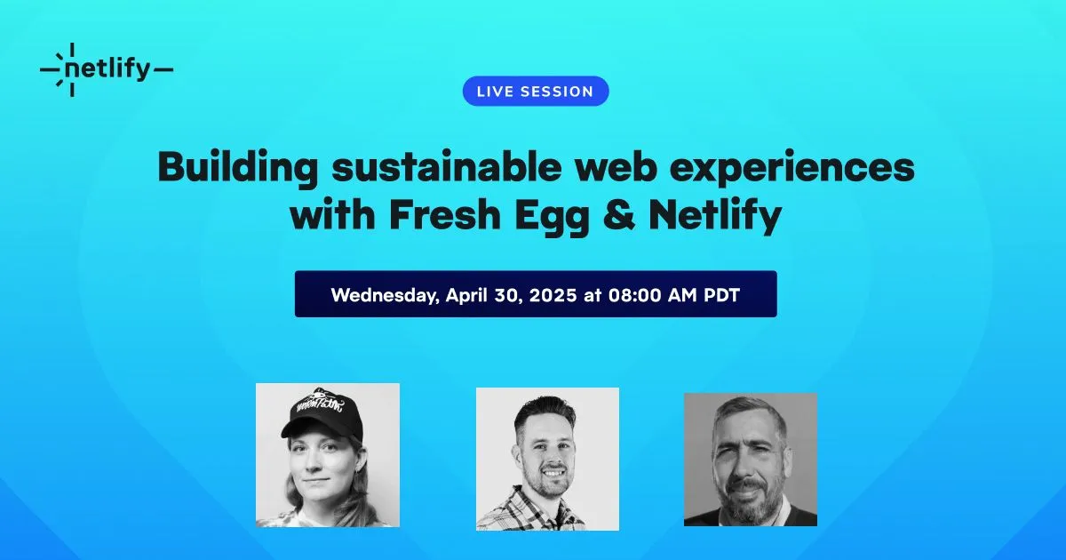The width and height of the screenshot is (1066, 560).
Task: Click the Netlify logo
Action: [x=107, y=69]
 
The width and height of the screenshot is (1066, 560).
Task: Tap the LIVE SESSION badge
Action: [x=536, y=91]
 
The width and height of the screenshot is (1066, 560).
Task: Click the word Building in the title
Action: [x=238, y=169]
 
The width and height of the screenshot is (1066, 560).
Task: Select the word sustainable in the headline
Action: [x=446, y=167]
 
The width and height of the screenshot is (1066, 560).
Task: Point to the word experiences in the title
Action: [x=792, y=169]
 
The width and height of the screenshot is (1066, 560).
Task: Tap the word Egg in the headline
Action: [x=552, y=217]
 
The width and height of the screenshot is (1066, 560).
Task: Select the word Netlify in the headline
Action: [x=715, y=216]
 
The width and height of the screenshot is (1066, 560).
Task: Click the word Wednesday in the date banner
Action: [x=385, y=295]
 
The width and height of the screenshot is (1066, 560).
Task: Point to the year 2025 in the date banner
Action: [x=553, y=295]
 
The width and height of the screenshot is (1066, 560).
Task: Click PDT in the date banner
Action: [x=721, y=295]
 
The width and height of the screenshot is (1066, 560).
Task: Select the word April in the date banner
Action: [x=466, y=295]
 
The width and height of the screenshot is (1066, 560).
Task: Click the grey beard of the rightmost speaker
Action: [x=753, y=500]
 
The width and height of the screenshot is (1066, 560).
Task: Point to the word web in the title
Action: [x=616, y=167]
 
